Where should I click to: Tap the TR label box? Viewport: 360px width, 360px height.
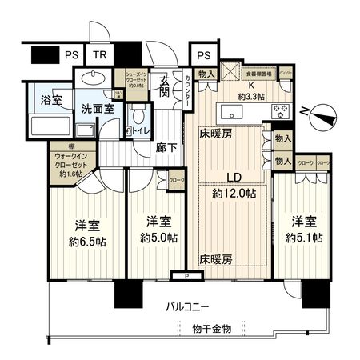point(98,54)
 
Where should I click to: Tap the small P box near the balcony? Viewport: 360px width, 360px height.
point(186,276)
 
